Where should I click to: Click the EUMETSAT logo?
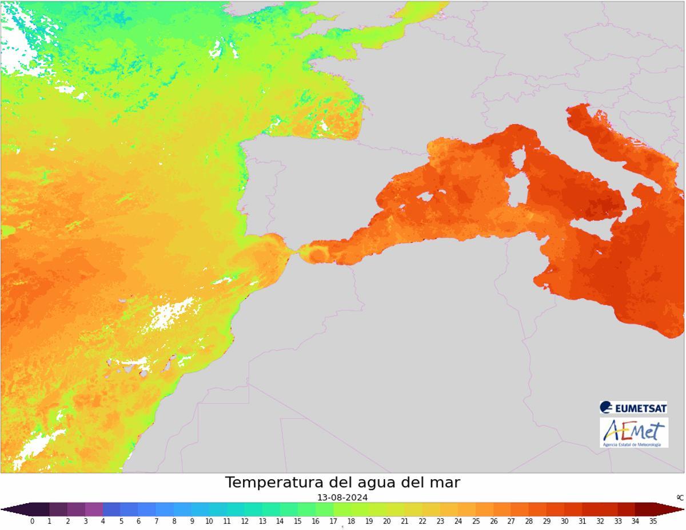pyautogui.click(x=633, y=408)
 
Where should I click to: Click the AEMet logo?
pyautogui.click(x=633, y=432)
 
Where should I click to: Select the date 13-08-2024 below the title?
pyautogui.click(x=342, y=497)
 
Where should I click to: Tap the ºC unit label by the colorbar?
pyautogui.click(x=680, y=498)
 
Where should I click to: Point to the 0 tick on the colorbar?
pyautogui.click(x=32, y=521)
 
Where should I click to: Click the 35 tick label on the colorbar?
pyautogui.click(x=653, y=521)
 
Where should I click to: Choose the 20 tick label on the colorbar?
pyautogui.click(x=387, y=521)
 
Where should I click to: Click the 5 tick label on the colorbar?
pyautogui.click(x=121, y=521)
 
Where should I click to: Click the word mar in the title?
pyautogui.click(x=444, y=483)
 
